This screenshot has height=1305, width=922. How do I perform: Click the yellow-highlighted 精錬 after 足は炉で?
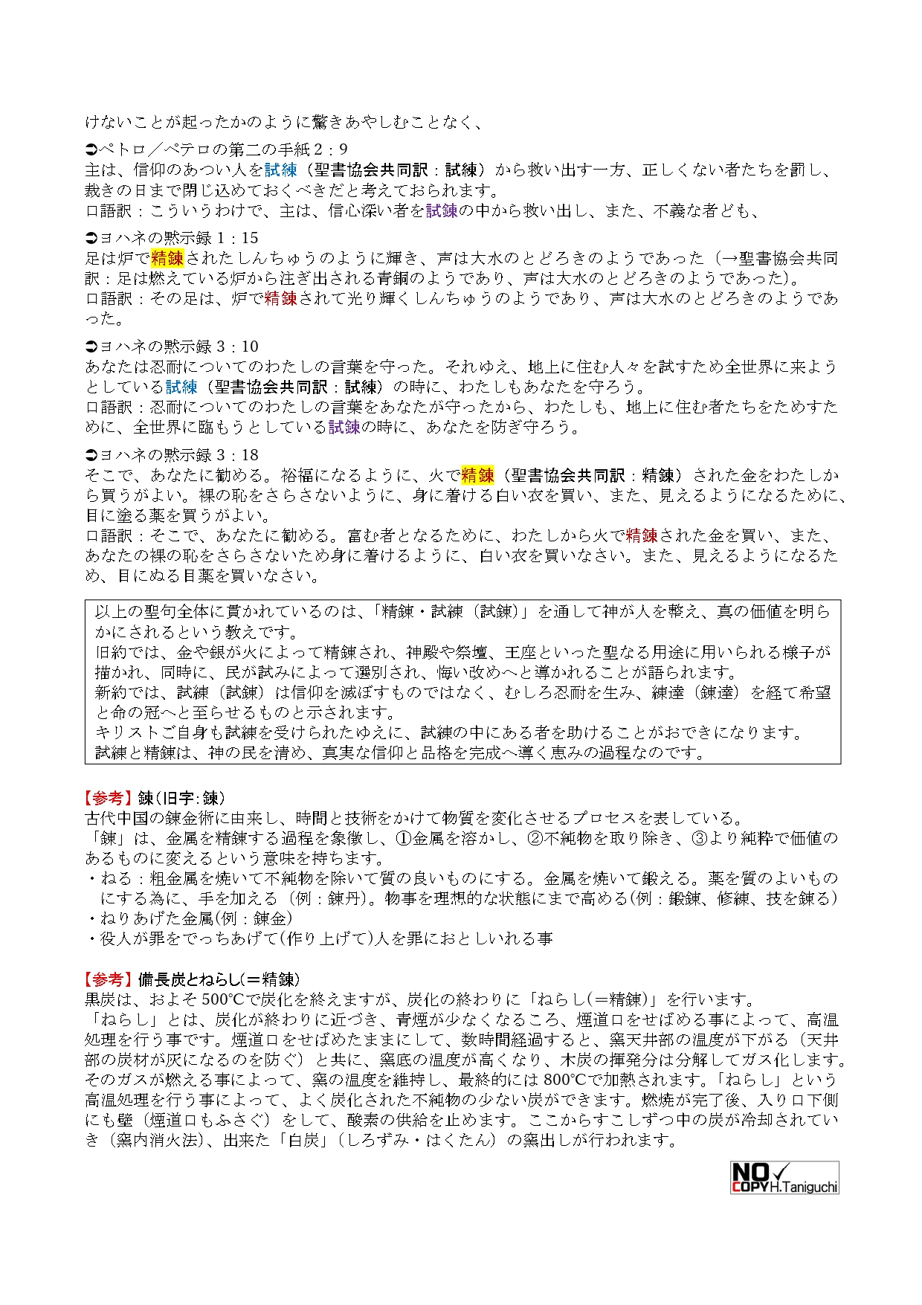coord(167,258)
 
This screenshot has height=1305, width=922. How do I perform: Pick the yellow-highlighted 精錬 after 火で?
coord(477,475)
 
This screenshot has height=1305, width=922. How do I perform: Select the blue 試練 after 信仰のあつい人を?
coord(280,170)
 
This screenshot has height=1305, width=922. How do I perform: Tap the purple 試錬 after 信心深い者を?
coord(442,211)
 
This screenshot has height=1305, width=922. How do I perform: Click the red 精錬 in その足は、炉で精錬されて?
coord(280,298)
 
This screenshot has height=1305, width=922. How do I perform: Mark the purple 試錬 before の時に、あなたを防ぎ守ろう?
coord(344,427)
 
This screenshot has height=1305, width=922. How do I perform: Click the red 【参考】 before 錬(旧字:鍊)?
coord(109,798)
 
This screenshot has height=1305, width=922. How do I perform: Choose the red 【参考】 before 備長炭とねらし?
coord(109,979)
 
